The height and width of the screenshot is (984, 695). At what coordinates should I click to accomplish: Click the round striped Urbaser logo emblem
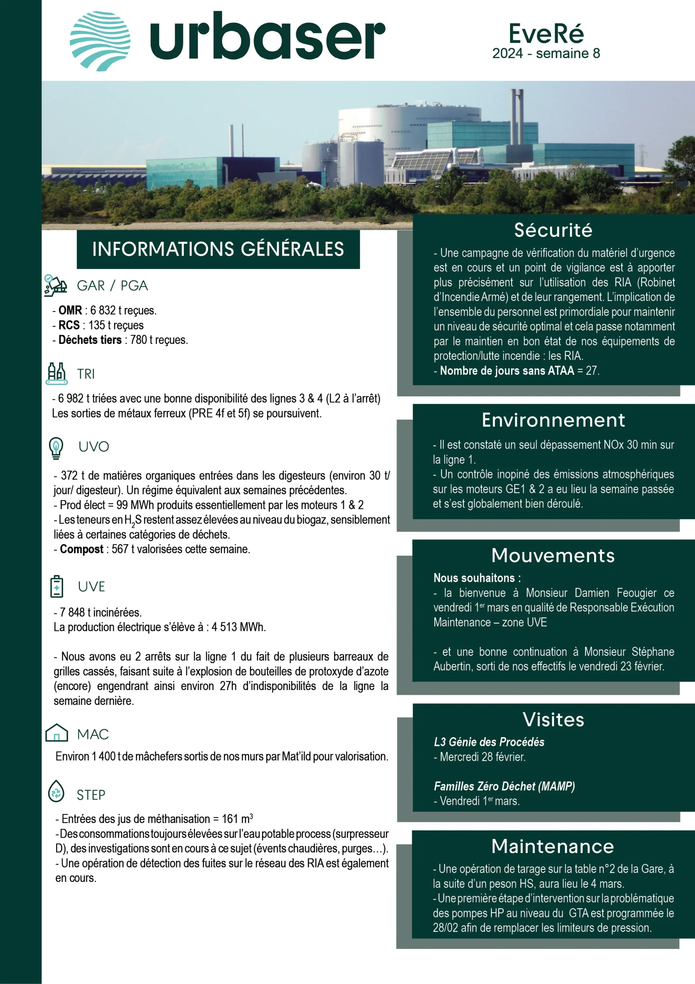[100, 41]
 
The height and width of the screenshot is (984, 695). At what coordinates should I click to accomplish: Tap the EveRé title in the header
[546, 33]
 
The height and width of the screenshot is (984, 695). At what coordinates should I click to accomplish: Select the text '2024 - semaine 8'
[546, 53]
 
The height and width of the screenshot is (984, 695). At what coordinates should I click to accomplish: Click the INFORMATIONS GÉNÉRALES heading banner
[218, 249]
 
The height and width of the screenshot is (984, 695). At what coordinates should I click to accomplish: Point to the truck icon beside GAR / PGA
[56, 286]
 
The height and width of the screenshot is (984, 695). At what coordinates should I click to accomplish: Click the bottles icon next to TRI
[56, 374]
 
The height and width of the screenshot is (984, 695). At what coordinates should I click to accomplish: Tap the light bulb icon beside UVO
[56, 448]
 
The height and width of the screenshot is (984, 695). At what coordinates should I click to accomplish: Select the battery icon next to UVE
[56, 586]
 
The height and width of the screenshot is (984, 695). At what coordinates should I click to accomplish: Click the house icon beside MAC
[56, 733]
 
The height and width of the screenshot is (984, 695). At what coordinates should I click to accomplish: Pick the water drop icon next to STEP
[56, 791]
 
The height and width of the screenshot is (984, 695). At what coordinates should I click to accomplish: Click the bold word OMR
[70, 310]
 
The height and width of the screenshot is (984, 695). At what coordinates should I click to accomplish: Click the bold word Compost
[81, 549]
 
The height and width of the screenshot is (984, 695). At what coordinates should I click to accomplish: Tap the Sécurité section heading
[553, 230]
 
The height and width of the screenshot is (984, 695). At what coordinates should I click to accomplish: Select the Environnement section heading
[553, 420]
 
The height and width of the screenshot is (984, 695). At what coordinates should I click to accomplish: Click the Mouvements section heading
[553, 555]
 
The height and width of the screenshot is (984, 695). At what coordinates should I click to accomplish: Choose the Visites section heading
[553, 720]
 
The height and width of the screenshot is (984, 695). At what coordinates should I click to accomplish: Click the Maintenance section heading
[553, 846]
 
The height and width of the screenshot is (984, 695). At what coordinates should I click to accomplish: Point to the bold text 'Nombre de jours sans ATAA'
[506, 371]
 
